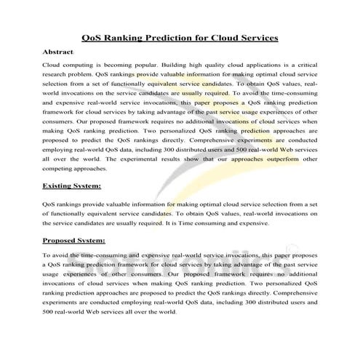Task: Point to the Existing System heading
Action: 72,187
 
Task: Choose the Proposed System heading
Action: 74,239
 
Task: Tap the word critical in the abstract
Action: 303,65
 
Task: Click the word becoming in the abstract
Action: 108,65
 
